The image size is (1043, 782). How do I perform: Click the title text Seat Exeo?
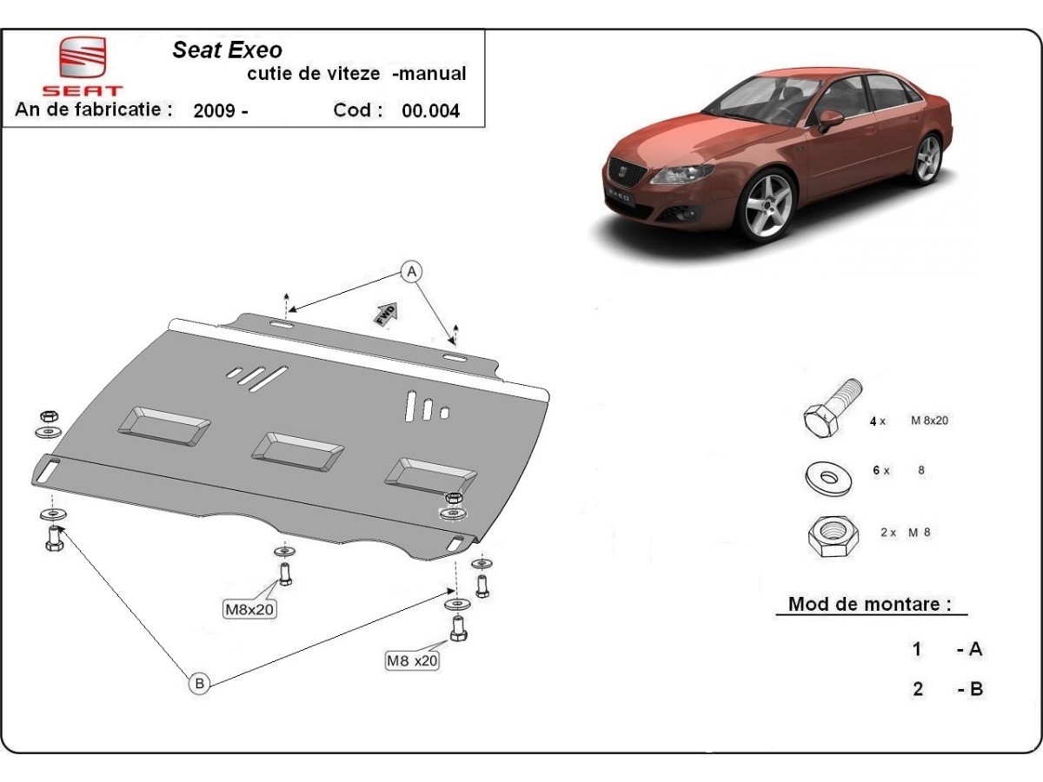pos(227,50)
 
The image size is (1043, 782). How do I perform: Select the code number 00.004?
pos(430,111)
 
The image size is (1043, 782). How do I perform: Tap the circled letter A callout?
pos(411,271)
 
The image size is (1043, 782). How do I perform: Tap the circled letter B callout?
pos(199,684)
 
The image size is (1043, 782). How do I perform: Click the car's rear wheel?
pos(927,159)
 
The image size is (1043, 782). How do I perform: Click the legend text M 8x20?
pos(928,421)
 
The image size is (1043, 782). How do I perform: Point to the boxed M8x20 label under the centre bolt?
pos(250,610)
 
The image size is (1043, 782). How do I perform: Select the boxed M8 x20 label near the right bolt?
pos(412,660)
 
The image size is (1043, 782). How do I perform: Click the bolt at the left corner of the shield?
pos(54,540)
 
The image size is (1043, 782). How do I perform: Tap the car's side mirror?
pos(830,119)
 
